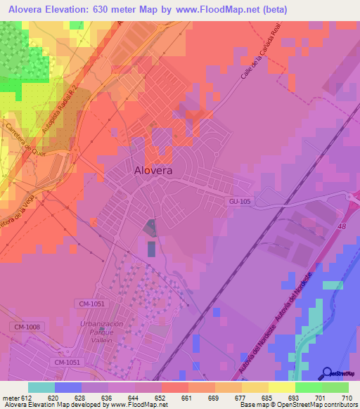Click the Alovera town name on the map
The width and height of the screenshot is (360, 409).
(154, 169)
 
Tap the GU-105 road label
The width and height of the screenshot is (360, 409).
(239, 202)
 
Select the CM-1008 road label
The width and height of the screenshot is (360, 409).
(26, 327)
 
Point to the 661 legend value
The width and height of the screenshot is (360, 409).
(187, 397)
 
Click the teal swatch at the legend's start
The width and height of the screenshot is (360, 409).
(41, 387)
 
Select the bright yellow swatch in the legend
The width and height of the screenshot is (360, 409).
(281, 387)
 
